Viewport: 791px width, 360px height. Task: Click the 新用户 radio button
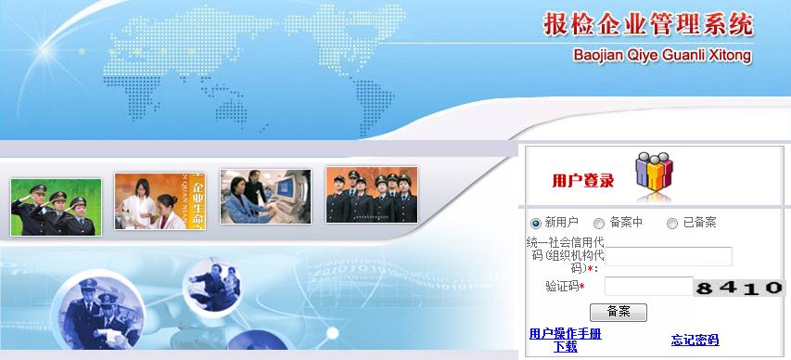point(535,224)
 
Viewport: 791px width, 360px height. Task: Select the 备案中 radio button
point(599,224)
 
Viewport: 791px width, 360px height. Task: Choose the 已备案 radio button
point(672,224)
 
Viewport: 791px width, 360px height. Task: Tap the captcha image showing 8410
point(740,288)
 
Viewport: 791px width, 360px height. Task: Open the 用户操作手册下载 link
point(565,340)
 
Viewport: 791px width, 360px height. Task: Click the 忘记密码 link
point(695,340)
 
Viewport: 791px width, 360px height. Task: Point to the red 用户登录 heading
point(582,180)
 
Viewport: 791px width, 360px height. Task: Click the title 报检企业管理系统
point(648,25)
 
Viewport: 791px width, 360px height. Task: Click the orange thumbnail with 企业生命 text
point(159,199)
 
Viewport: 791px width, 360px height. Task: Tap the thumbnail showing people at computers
point(264,196)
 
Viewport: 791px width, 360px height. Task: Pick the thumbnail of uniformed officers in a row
point(371,194)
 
